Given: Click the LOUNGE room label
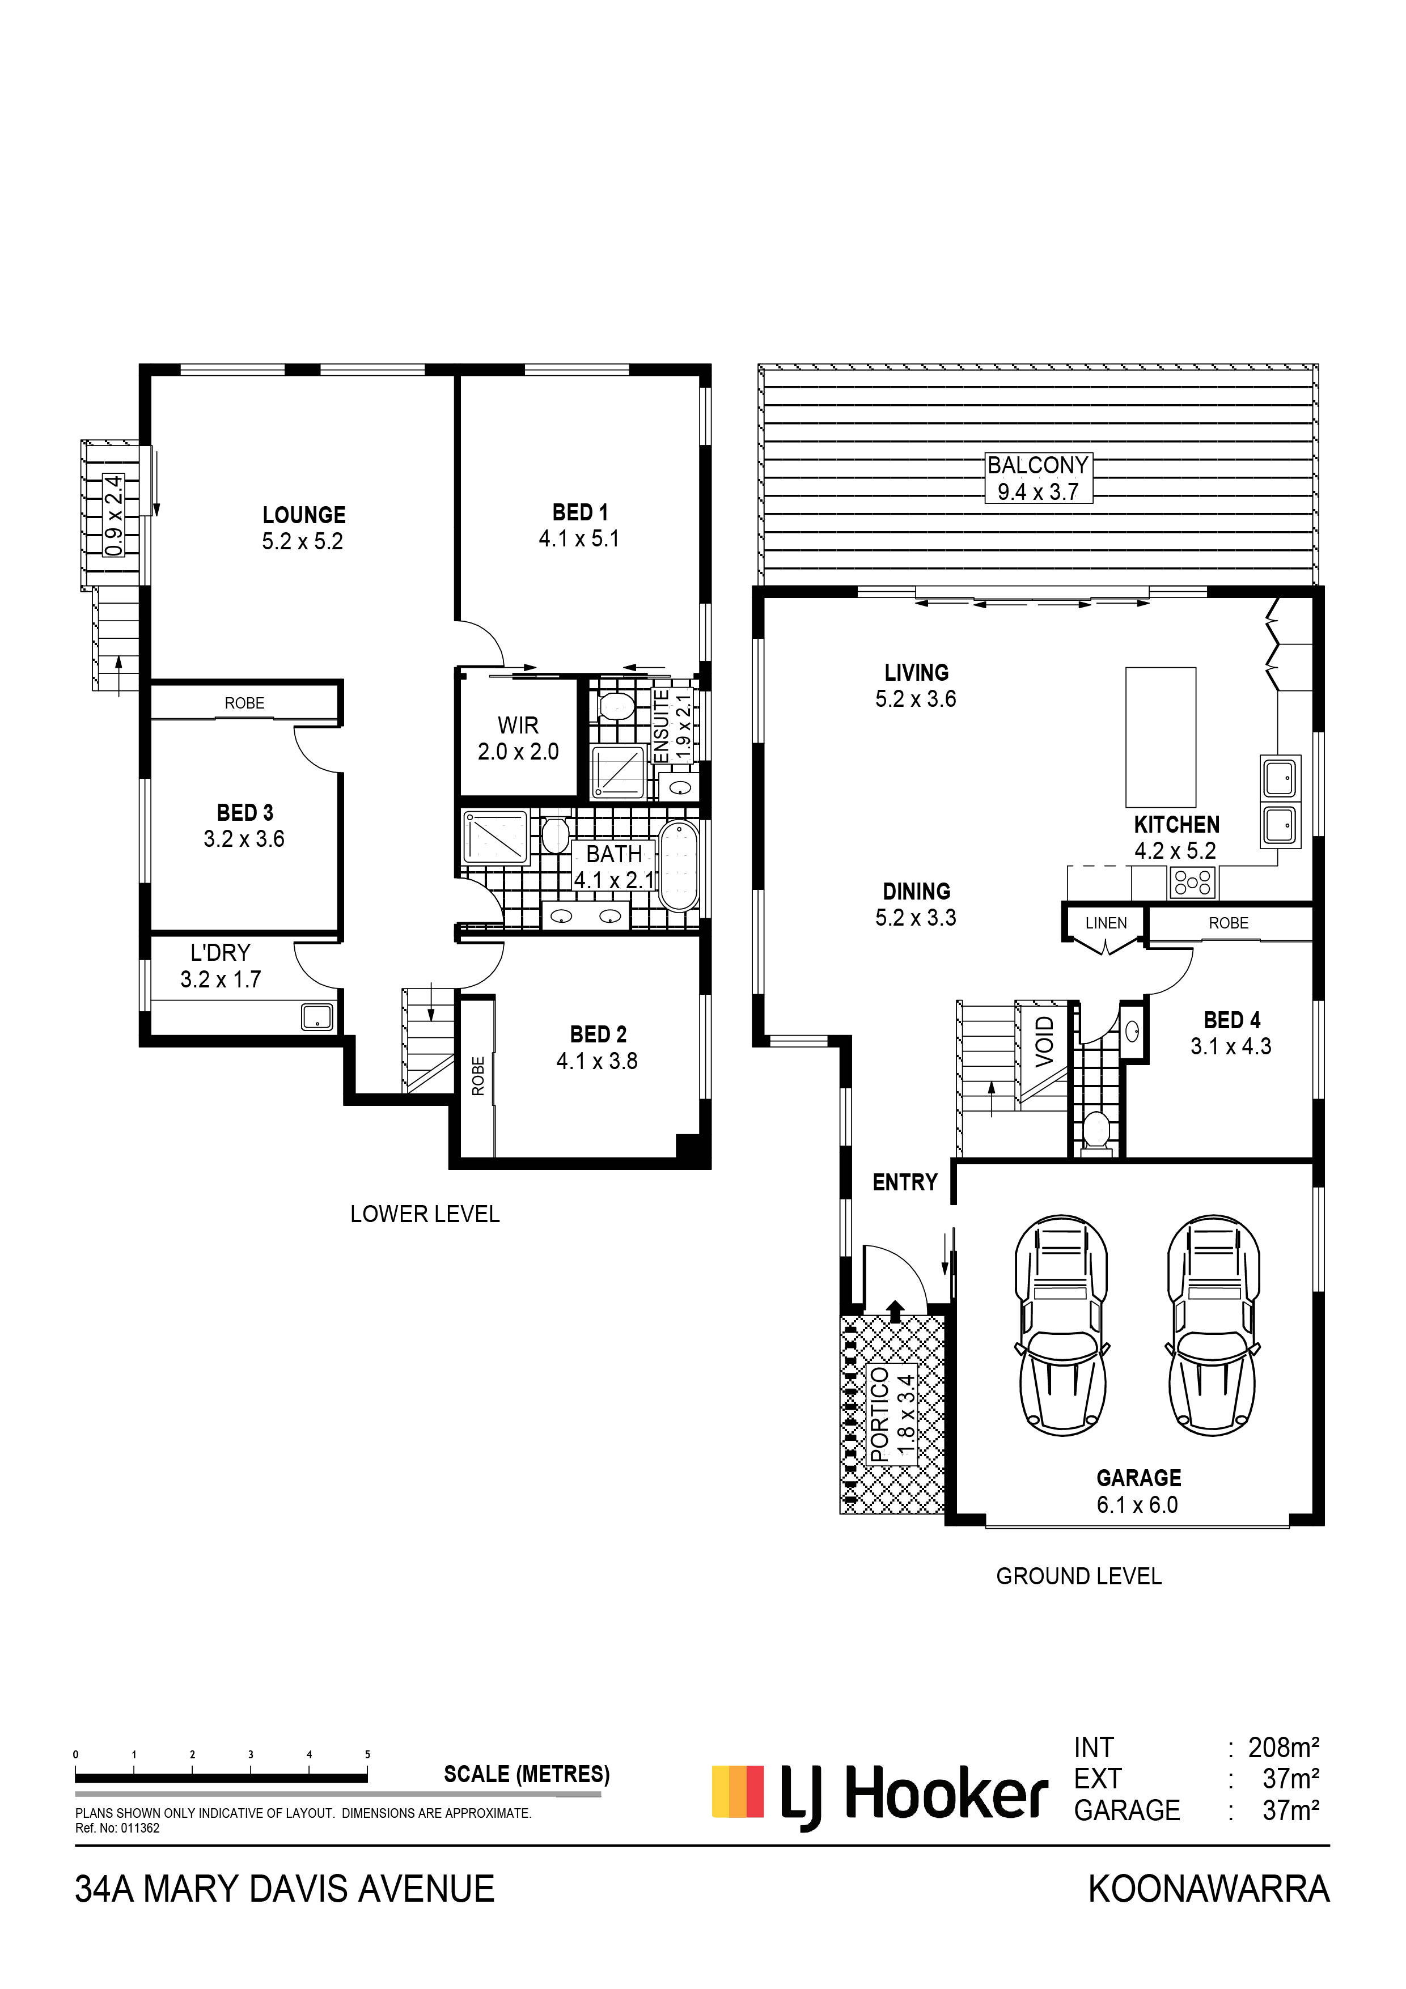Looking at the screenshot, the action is pyautogui.click(x=304, y=515).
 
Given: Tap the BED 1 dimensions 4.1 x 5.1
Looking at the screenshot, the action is pyautogui.click(x=579, y=539).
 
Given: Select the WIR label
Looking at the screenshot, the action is pyautogui.click(x=518, y=724).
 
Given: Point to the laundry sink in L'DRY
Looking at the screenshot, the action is pyautogui.click(x=317, y=1017).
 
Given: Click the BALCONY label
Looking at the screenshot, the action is pyautogui.click(x=1038, y=465).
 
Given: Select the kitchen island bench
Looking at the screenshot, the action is pyautogui.click(x=1161, y=737).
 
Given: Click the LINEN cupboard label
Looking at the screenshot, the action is pyautogui.click(x=1106, y=923).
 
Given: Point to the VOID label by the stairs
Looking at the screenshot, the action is pyautogui.click(x=1045, y=1041).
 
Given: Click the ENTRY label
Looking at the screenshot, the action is pyautogui.click(x=905, y=1182).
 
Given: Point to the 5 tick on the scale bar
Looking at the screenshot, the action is pyautogui.click(x=367, y=1754).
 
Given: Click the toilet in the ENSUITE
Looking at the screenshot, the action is pyautogui.click(x=616, y=705).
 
